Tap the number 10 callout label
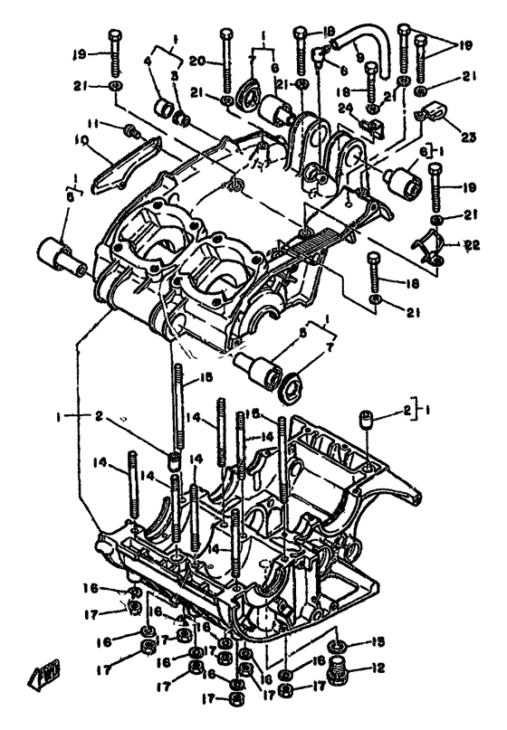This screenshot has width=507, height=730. click(x=81, y=140)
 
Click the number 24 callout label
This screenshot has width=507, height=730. click(x=345, y=108)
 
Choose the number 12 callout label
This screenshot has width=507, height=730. click(x=378, y=670)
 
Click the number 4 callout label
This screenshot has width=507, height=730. click(x=148, y=62)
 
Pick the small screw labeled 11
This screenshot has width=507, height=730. click(x=130, y=133)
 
